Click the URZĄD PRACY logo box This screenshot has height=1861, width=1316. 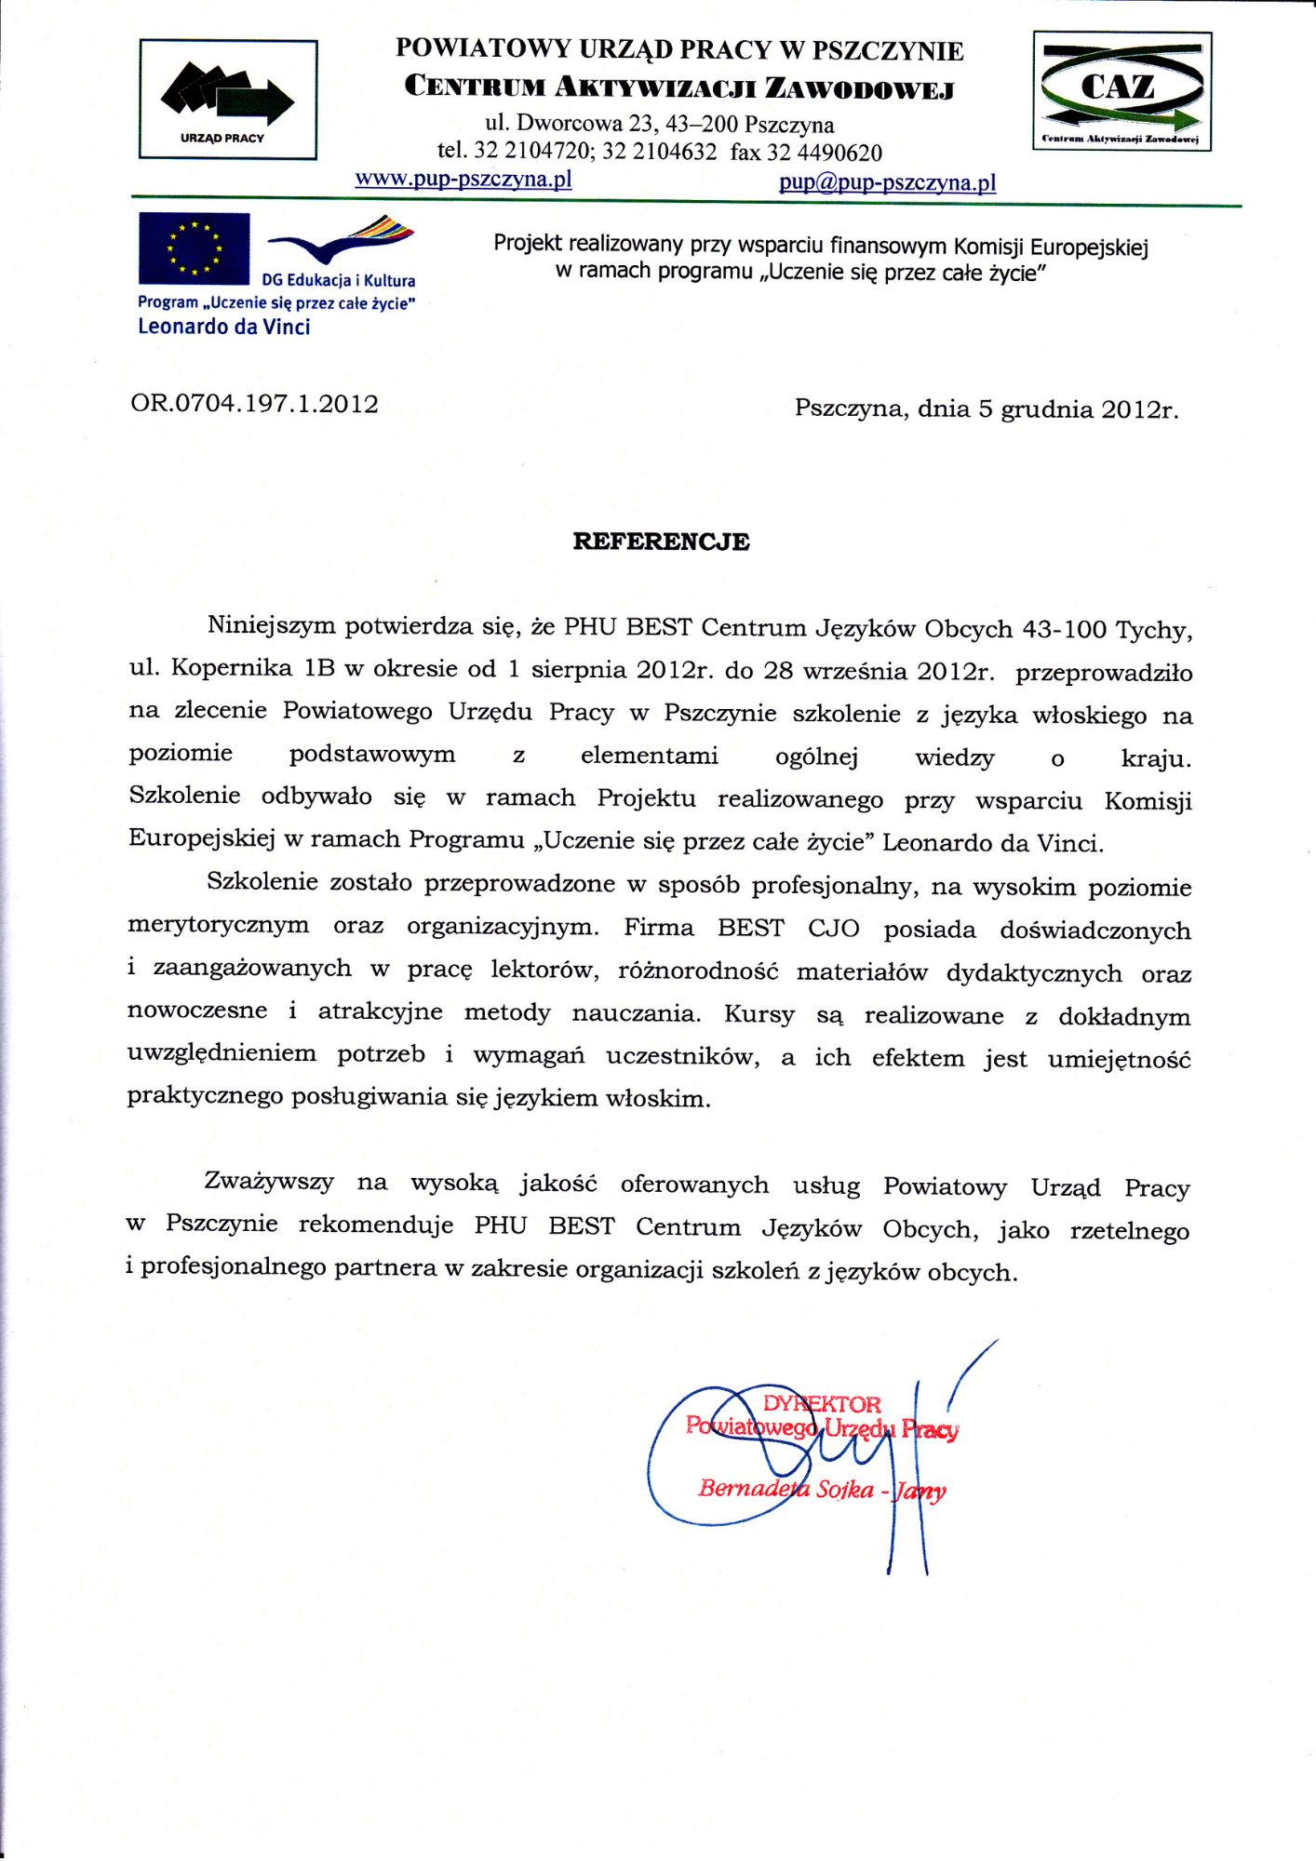(228, 100)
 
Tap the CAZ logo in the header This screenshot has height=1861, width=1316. (1121, 91)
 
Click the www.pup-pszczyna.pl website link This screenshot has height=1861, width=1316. (463, 179)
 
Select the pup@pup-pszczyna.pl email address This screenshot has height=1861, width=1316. (887, 182)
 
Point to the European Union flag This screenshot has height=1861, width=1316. (194, 248)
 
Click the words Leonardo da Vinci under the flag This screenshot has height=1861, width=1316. (223, 327)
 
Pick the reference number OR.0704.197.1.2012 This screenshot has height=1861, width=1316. (254, 404)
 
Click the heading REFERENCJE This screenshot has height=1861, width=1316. (661, 542)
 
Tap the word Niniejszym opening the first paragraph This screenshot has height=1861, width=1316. (271, 625)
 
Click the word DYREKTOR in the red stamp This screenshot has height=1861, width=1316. (821, 1404)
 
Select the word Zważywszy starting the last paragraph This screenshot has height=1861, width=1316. (269, 1183)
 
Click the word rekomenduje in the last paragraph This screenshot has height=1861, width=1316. (376, 1225)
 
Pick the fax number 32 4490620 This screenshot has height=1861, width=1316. (824, 153)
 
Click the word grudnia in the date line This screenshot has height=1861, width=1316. (1046, 409)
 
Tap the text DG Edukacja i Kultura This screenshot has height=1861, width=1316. (339, 280)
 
